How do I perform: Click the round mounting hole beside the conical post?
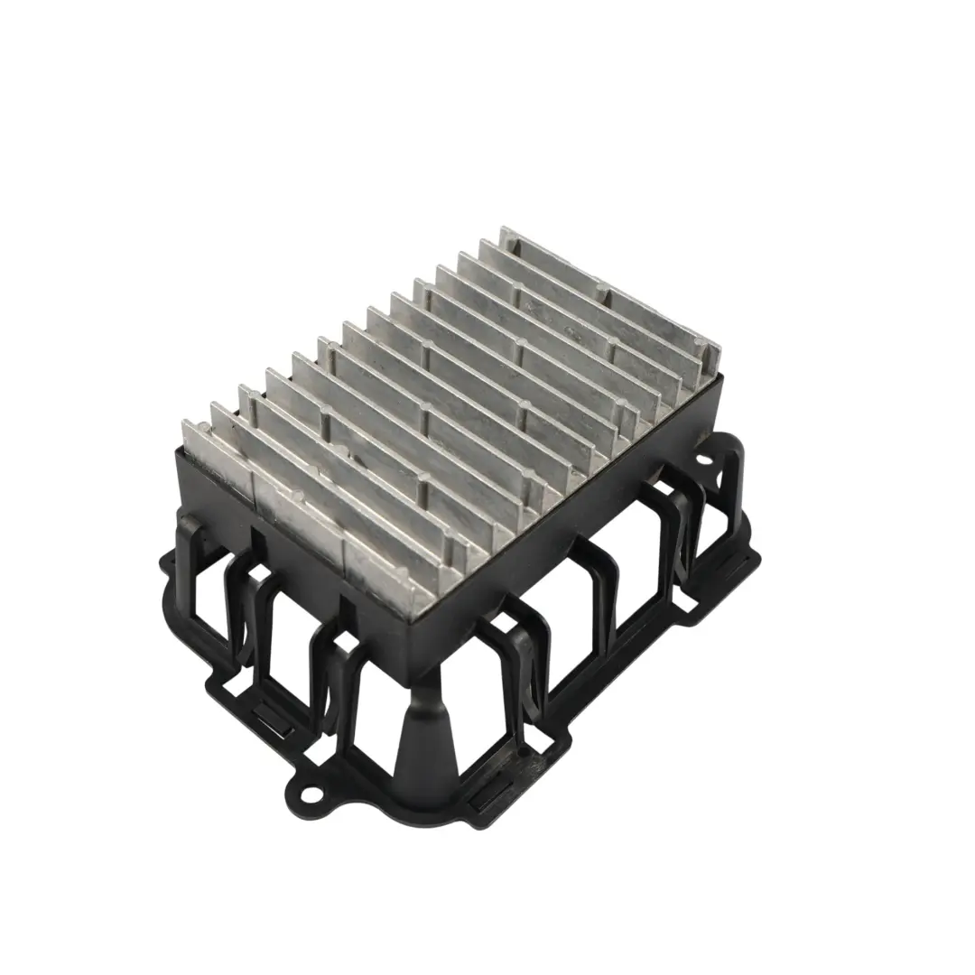pyautogui.click(x=312, y=795)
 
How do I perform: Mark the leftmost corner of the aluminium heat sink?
pyautogui.click(x=184, y=428)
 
